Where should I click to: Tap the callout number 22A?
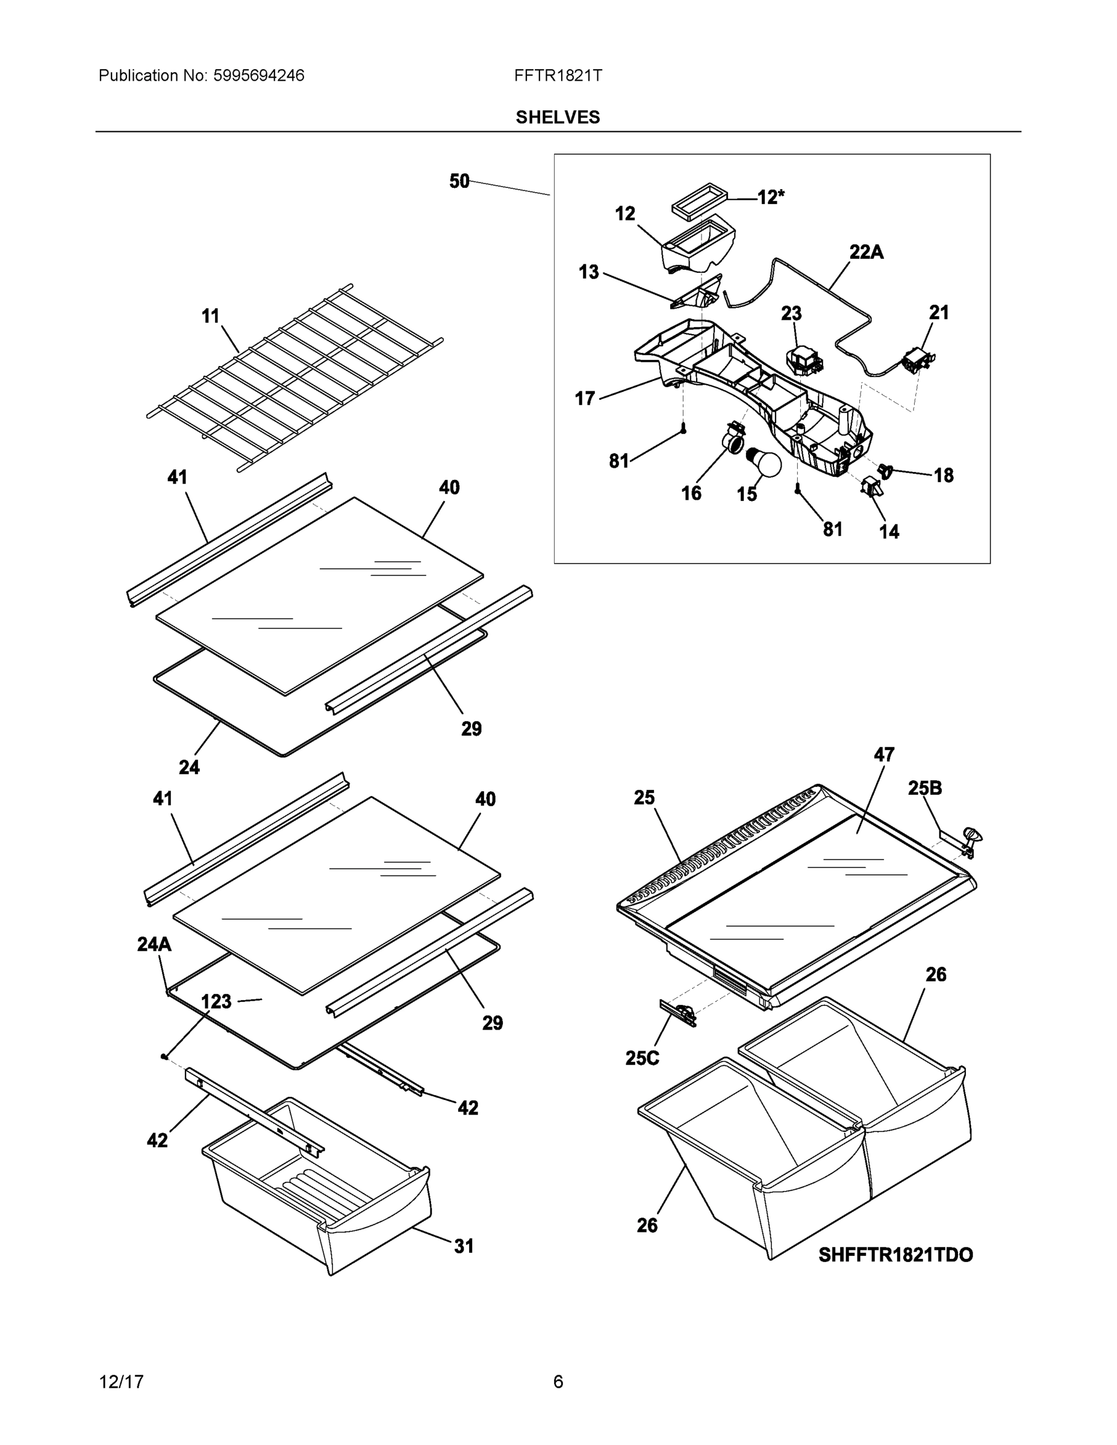(x=867, y=252)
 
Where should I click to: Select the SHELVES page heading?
(x=557, y=117)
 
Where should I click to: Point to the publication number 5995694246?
(x=259, y=75)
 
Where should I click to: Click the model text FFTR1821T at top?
(x=557, y=75)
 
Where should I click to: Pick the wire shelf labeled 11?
(x=294, y=377)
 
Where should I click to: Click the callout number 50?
(x=459, y=181)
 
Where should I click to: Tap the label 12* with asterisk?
(x=771, y=197)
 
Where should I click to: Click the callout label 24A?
(x=154, y=944)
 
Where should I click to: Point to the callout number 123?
(x=216, y=1002)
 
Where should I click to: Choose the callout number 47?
(x=883, y=754)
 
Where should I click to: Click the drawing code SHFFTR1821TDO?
(x=895, y=1255)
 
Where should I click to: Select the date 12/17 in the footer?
(x=121, y=1382)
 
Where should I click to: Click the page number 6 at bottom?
(x=558, y=1382)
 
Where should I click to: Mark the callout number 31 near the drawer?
(x=463, y=1246)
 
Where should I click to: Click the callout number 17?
(x=584, y=399)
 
